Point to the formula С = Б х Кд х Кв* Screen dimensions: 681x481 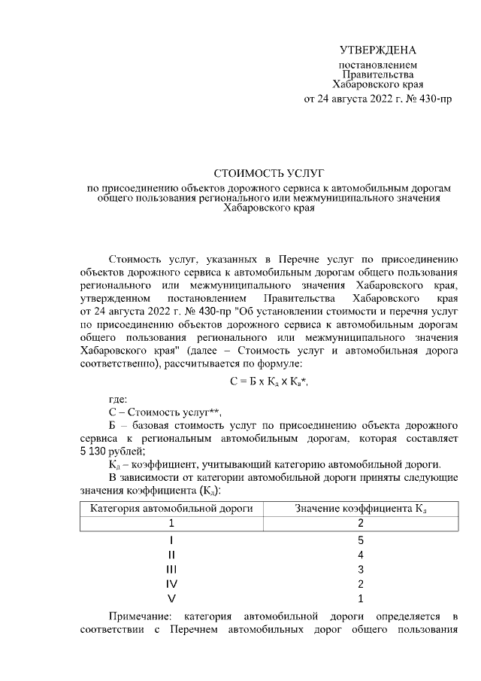point(269,382)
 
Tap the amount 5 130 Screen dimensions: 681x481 point(95,451)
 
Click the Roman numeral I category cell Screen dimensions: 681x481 point(171,540)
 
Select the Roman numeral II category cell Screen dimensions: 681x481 point(171,555)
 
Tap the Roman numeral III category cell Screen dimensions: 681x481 point(171,569)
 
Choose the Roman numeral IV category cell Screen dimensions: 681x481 point(171,584)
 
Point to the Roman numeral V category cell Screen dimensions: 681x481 point(171,598)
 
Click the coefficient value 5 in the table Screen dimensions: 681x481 point(362,540)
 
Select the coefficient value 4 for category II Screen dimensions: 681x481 point(362,555)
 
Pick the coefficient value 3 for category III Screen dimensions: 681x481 point(362,569)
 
